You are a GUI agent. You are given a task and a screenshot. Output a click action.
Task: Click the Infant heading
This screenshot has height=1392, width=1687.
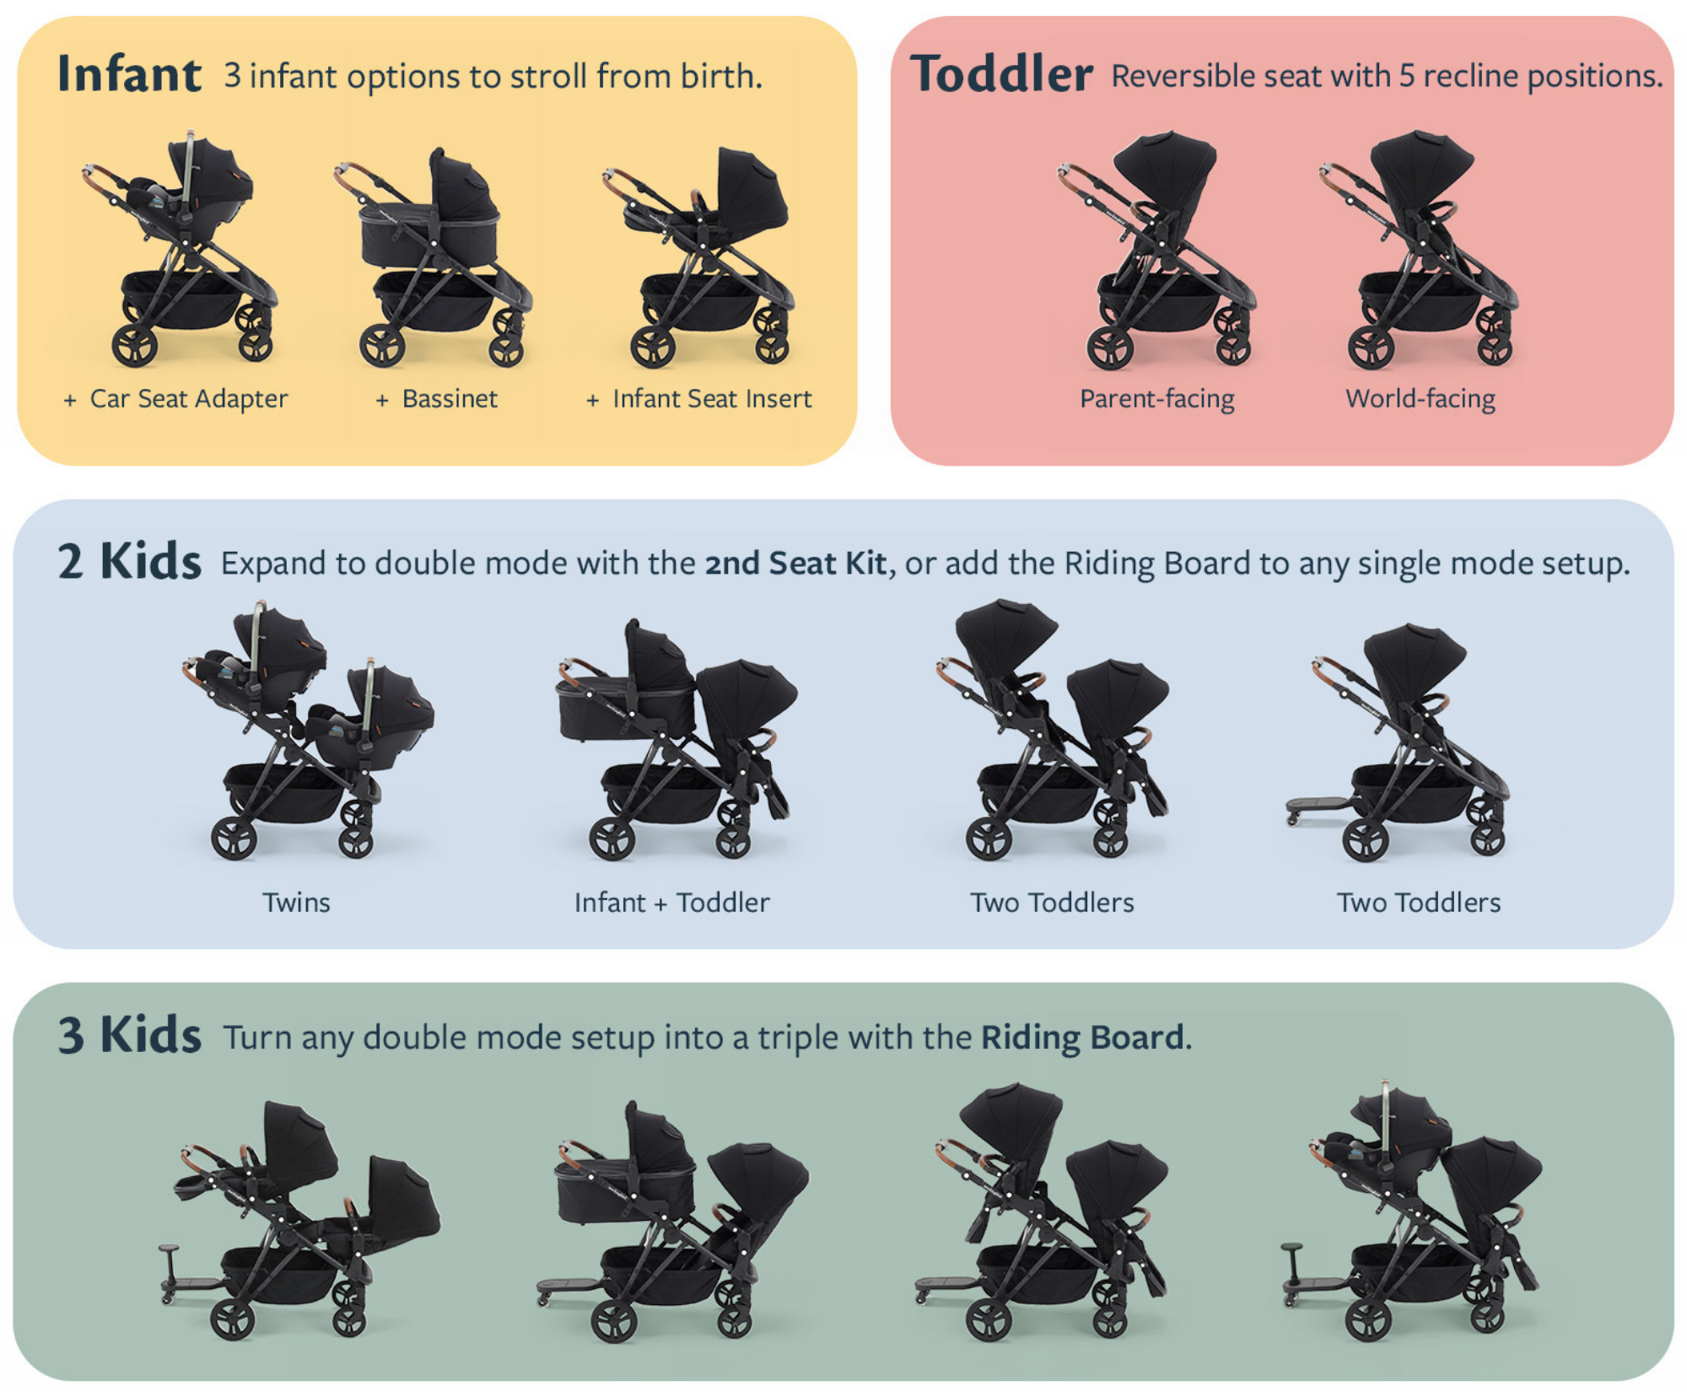(x=129, y=74)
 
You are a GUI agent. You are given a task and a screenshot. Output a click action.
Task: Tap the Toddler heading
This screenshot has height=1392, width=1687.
(x=1001, y=74)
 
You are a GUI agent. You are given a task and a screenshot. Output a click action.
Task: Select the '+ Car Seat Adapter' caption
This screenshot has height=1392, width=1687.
(x=175, y=398)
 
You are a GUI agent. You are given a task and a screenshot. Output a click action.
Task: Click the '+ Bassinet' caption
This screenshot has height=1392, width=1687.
(x=436, y=398)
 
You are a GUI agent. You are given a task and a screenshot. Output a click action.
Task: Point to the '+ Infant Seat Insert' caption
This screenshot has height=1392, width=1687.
(x=698, y=398)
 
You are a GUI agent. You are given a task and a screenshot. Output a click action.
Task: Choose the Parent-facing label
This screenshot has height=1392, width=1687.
(x=1157, y=398)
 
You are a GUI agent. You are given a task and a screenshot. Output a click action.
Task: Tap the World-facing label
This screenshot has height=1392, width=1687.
(x=1420, y=398)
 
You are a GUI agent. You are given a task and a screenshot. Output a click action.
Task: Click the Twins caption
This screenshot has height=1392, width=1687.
(x=296, y=903)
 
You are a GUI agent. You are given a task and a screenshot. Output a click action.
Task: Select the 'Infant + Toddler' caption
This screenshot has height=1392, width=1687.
(x=671, y=903)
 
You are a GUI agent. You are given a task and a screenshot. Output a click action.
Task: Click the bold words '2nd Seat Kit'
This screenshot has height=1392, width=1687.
(x=795, y=564)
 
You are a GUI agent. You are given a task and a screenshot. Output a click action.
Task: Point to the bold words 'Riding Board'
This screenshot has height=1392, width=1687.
(x=1082, y=1038)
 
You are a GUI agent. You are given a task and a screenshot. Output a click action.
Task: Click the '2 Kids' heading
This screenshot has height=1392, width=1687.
(x=129, y=562)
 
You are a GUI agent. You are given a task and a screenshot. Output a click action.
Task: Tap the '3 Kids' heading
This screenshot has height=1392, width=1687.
(x=129, y=1035)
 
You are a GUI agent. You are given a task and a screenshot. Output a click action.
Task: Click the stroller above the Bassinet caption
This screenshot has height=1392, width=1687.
(x=433, y=257)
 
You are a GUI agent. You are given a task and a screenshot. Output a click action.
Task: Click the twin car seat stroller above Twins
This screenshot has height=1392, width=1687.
(x=308, y=730)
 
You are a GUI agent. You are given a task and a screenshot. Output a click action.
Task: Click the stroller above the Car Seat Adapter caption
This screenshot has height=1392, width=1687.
(x=181, y=249)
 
